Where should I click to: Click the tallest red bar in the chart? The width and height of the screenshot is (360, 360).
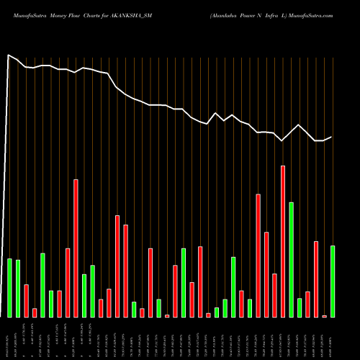coord(283,241)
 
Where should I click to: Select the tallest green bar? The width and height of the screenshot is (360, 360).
coord(291,259)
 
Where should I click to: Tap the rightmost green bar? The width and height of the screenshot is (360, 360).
coord(333,281)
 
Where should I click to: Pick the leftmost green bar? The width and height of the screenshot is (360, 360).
coord(9,287)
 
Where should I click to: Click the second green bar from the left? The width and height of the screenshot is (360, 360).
coord(18,288)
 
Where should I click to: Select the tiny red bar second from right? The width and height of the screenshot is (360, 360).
coord(324,316)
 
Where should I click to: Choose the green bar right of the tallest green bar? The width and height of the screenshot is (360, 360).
coord(300,307)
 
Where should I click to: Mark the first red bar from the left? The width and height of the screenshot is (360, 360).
coord(26,300)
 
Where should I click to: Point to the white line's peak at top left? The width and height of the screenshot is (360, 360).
coord(9,55)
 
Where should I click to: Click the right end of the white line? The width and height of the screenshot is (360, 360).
coord(332,137)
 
